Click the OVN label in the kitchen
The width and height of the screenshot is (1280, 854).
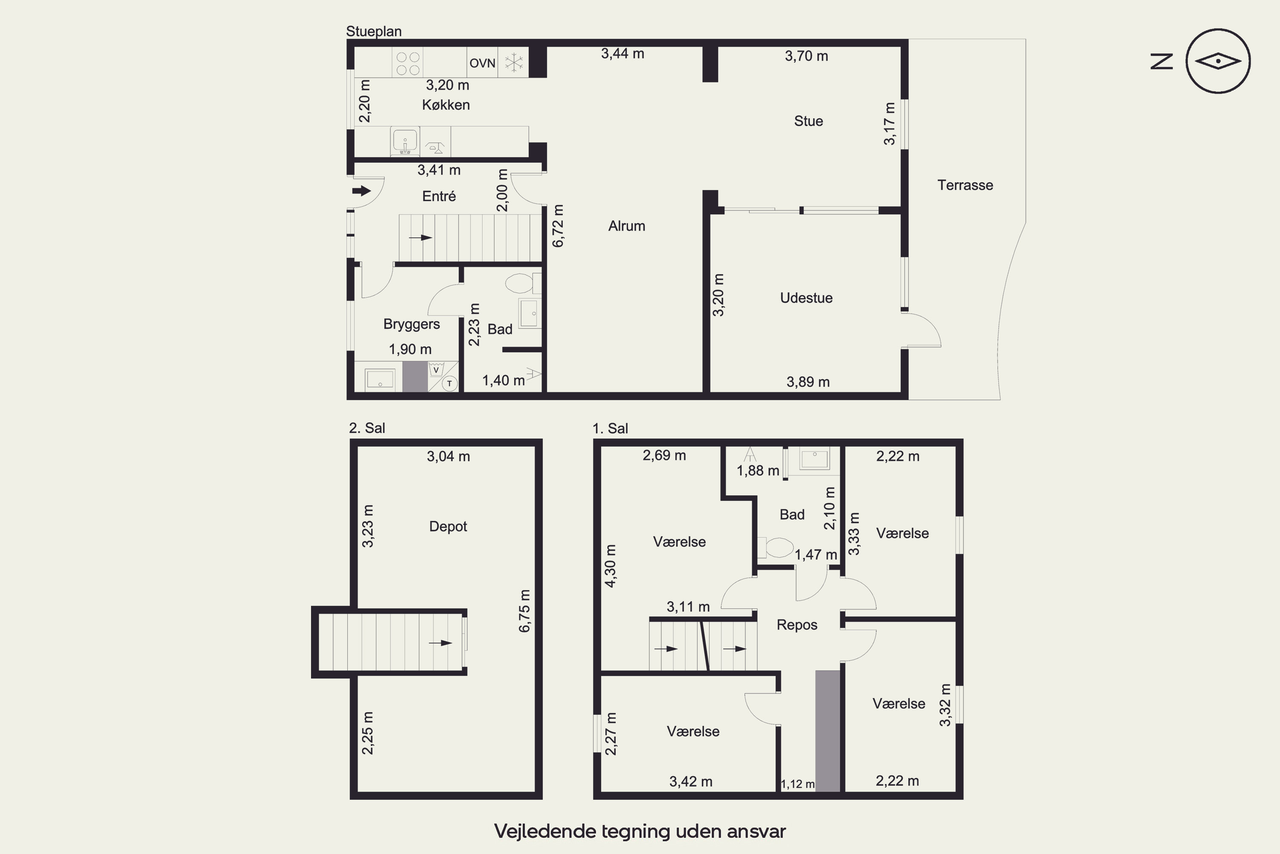point(482,63)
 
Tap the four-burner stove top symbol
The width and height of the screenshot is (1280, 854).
point(407,63)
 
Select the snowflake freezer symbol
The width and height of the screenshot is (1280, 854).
point(513,63)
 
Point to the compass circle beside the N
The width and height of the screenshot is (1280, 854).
point(1218,61)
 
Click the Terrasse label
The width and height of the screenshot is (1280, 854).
point(965,185)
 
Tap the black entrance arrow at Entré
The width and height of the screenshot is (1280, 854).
point(361,190)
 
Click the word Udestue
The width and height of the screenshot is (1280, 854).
point(806,298)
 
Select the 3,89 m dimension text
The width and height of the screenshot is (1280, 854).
point(808,382)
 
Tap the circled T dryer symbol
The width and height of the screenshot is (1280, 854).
point(450,383)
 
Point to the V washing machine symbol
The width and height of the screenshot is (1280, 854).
point(436,370)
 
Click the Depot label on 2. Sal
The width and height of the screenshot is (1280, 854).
point(448,526)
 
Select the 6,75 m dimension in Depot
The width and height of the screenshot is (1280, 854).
point(524,611)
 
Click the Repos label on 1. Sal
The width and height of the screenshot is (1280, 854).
point(797,625)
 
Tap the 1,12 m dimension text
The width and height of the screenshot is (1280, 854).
point(798,784)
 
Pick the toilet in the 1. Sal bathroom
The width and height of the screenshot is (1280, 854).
point(776,547)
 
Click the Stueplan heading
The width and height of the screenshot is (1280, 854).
point(374,32)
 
